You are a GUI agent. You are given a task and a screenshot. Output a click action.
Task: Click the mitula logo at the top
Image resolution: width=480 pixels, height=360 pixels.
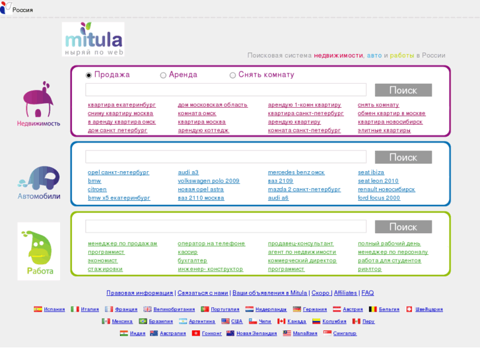(x=93, y=39)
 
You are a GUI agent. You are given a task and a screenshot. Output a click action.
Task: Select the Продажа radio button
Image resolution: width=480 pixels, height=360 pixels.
(x=89, y=75)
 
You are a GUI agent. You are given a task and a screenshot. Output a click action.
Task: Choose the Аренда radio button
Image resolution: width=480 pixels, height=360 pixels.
(x=164, y=75)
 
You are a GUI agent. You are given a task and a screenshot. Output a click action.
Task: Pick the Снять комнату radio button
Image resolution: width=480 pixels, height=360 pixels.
(x=232, y=75)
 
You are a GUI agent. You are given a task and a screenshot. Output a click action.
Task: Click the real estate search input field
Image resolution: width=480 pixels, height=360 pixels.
(x=226, y=90)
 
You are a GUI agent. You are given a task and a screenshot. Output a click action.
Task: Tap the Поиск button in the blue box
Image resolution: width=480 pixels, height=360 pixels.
(x=403, y=157)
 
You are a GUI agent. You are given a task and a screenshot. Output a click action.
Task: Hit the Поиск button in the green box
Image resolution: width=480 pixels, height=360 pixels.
(x=403, y=227)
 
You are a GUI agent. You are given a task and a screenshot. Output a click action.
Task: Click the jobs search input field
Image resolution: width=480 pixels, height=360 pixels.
(x=226, y=227)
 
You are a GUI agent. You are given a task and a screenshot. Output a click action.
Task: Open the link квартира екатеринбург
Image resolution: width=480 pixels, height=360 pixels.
(x=121, y=104)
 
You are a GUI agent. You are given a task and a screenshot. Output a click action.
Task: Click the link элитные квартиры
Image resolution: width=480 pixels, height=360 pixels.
(x=384, y=130)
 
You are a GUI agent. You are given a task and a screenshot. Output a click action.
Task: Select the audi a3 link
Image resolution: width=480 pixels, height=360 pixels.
(x=188, y=172)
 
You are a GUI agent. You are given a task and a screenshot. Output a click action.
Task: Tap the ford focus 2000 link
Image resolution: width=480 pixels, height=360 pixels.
(x=379, y=198)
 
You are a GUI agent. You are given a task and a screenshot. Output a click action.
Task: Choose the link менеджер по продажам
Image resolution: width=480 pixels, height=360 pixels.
(x=123, y=243)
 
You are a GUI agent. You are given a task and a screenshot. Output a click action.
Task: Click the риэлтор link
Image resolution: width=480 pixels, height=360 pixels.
(x=370, y=269)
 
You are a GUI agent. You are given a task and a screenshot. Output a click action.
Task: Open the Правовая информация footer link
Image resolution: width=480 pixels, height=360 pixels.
(x=140, y=293)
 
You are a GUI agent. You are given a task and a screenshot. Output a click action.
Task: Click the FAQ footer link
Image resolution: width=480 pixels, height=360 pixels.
(x=368, y=293)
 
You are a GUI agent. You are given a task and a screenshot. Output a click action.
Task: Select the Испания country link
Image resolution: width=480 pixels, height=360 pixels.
(x=54, y=309)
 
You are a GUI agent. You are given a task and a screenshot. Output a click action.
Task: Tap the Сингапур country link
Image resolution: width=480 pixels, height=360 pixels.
(x=345, y=333)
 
